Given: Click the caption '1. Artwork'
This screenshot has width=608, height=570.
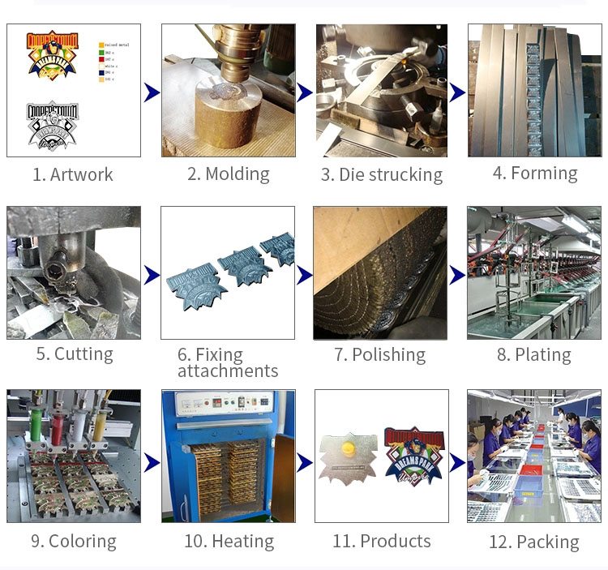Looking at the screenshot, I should [73, 174].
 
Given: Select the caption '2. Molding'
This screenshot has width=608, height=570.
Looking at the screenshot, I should [228, 174].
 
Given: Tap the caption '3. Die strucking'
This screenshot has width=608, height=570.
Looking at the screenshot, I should [381, 174].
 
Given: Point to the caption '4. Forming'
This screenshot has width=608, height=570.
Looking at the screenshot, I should [535, 173].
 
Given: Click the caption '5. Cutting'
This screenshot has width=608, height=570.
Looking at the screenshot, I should [74, 354].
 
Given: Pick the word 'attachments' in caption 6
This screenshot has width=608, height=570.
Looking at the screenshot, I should [228, 371].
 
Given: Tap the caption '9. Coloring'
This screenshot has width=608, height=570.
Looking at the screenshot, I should [74, 541].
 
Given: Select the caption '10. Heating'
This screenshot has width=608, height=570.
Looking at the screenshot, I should [229, 541].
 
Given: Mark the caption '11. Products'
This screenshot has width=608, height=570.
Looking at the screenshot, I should [381, 541].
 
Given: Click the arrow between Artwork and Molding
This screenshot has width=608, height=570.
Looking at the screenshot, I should [152, 92].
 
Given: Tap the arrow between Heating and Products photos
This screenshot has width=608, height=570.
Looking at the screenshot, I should [305, 463].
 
